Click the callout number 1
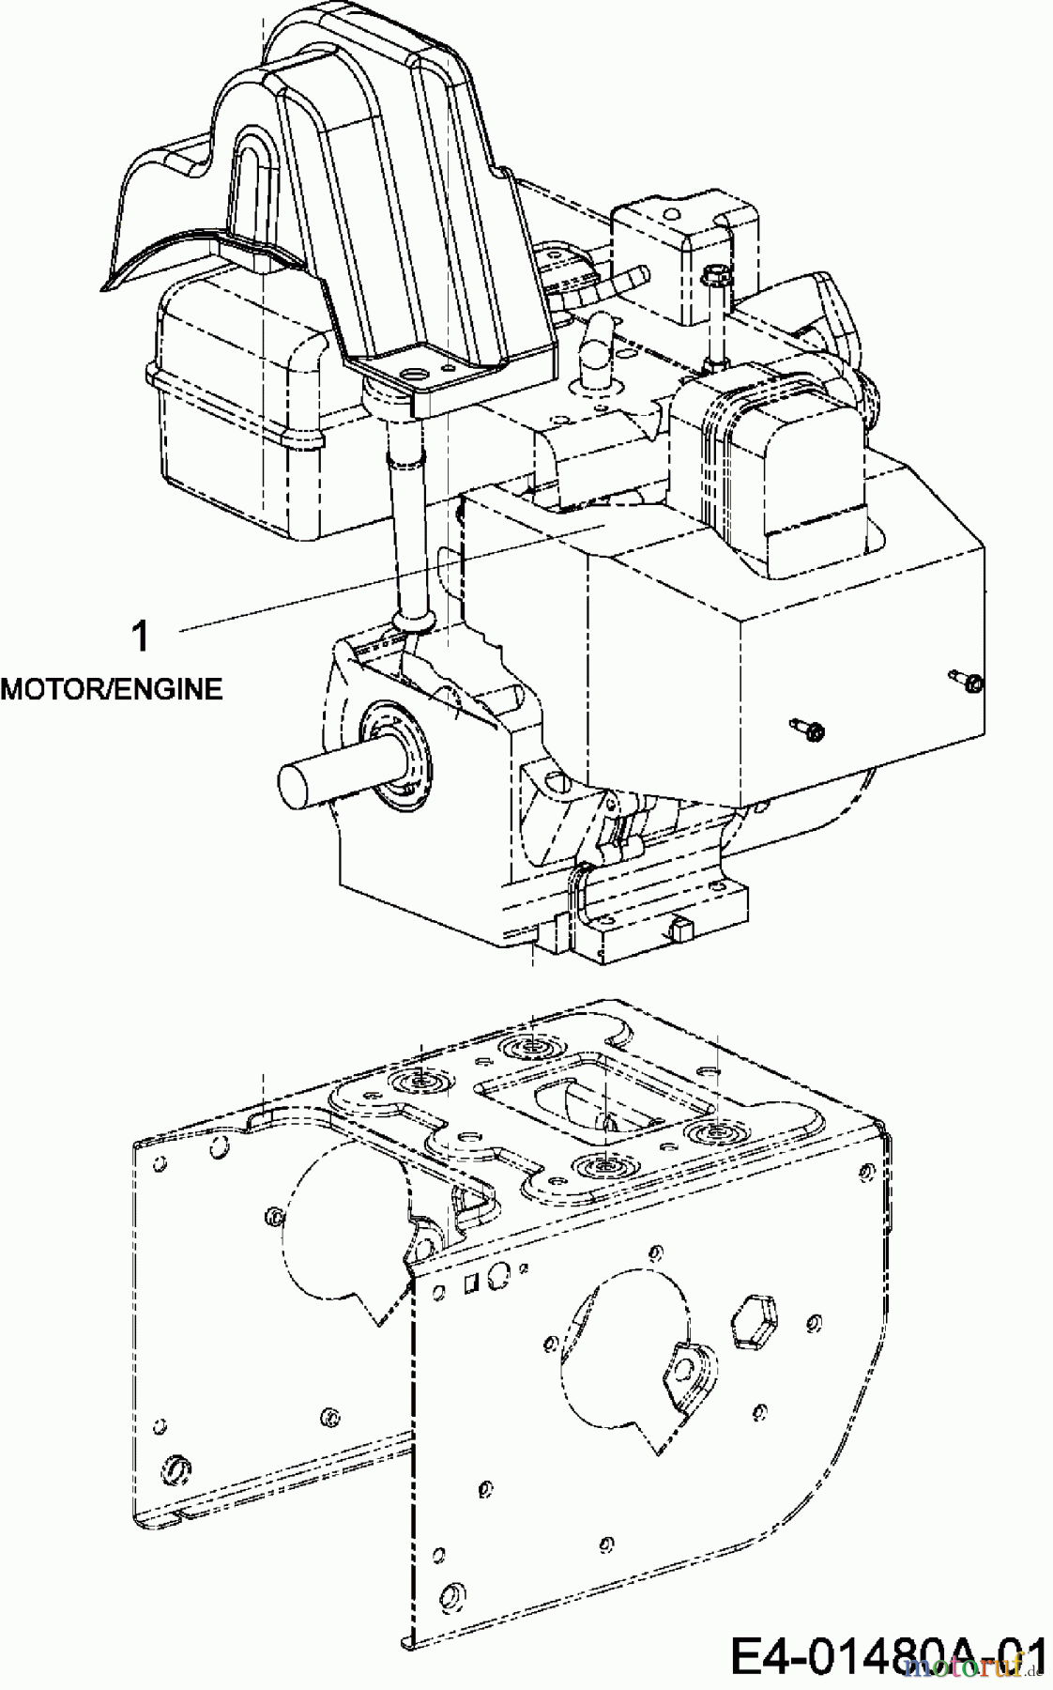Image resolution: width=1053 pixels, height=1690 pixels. coord(140,638)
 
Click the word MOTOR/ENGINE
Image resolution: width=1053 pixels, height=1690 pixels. coord(112,689)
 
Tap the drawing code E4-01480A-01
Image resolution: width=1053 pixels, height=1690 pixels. coord(888,1651)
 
